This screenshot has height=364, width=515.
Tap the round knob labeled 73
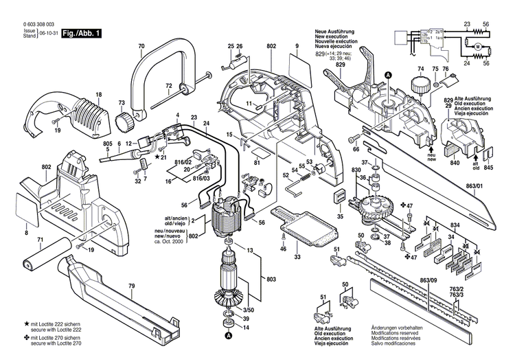tap(124, 123)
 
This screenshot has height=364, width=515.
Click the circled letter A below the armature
tap(228, 336)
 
